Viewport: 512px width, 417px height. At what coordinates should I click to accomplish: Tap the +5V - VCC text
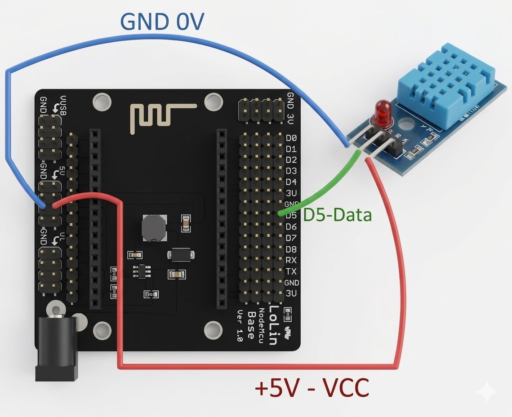312,387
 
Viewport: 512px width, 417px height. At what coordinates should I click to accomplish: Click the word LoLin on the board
273,325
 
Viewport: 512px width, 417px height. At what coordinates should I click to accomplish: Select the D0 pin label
291,138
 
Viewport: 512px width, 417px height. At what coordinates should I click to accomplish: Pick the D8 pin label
291,249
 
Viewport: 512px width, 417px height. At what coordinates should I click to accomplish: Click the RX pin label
291,260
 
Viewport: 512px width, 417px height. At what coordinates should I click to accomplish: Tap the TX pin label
291,271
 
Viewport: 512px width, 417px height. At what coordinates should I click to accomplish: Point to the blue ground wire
180,43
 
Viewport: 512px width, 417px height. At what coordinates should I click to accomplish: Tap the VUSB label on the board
63,105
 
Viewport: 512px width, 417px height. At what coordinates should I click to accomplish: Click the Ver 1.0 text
240,326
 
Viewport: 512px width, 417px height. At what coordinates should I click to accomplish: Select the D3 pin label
291,171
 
